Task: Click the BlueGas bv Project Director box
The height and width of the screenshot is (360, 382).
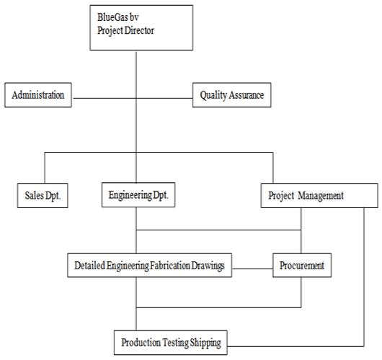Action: pos(141,28)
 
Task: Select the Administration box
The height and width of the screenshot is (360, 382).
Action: pos(38,95)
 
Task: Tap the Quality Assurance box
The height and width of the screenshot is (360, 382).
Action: pos(231,95)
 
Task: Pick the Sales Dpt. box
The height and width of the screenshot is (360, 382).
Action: pos(43,195)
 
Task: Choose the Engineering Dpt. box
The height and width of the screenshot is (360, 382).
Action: pos(138,194)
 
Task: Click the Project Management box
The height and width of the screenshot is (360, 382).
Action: pos(319,195)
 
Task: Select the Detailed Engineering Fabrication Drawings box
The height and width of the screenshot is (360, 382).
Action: pos(150,265)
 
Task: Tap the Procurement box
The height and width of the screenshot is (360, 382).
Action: pos(302,265)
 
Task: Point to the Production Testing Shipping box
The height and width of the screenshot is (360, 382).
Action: pos(171,343)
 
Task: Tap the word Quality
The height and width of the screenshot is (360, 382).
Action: pos(213,95)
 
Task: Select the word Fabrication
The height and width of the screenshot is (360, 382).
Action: pos(170,265)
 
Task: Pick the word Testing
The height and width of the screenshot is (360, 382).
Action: pos(175,343)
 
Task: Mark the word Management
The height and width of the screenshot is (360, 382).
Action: pos(321,196)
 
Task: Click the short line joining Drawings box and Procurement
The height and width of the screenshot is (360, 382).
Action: pos(252,269)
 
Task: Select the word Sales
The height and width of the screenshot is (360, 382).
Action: pos(34,195)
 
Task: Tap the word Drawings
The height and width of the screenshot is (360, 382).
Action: pos(208,266)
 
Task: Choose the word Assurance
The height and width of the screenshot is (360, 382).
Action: pos(246,95)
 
